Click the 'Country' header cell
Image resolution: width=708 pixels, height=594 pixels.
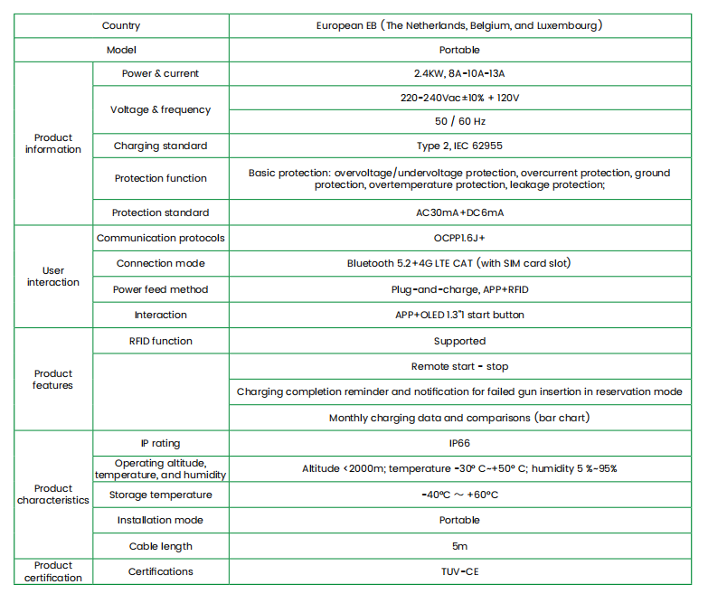121,26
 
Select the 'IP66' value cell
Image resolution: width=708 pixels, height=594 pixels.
459,444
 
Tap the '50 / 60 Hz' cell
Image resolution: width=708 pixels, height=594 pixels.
459,121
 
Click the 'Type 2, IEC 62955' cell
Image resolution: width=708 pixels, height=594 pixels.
459,146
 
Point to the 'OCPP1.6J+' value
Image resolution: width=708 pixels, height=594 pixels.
459,238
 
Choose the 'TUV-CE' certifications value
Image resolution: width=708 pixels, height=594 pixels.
459,571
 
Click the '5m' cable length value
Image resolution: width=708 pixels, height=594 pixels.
459,546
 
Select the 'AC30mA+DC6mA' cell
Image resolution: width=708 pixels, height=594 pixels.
459,212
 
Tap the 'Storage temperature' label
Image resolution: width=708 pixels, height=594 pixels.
161,495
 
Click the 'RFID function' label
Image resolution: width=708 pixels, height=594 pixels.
161,341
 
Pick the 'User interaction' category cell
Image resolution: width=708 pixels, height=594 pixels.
53,277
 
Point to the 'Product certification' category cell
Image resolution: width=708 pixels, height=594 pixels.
53,571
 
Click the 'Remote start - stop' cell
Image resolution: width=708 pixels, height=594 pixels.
459,366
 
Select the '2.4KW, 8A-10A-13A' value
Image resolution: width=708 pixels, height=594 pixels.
459,73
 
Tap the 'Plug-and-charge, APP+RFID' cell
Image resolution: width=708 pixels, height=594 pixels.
459,289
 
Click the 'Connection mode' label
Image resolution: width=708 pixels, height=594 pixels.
161,263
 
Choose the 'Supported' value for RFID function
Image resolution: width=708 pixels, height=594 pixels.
459,341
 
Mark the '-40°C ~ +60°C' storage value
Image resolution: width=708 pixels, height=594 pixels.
459,495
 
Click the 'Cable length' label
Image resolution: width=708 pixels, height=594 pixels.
161,546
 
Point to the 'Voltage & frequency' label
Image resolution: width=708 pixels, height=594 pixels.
161,109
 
